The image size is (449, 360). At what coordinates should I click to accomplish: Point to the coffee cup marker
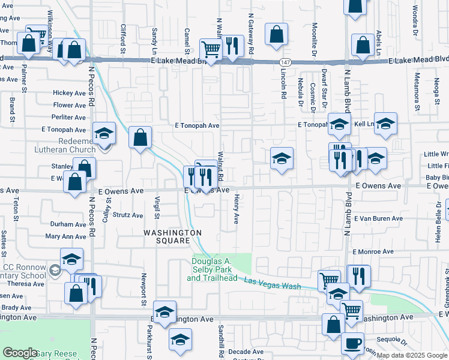click(x=352, y=344)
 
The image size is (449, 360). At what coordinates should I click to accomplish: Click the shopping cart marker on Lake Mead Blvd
click(x=210, y=49)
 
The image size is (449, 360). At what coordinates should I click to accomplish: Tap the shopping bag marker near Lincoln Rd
click(x=277, y=34)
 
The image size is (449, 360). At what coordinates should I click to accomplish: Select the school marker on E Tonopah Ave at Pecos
click(x=104, y=133)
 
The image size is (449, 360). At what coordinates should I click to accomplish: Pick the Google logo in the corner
click(x=20, y=352)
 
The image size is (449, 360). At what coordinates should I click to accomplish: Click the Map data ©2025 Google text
click(x=411, y=355)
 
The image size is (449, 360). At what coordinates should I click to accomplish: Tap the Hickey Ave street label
click(x=69, y=93)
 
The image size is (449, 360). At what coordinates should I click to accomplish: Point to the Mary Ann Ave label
click(x=66, y=237)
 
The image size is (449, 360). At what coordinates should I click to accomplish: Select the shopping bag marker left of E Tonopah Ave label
click(x=140, y=137)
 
